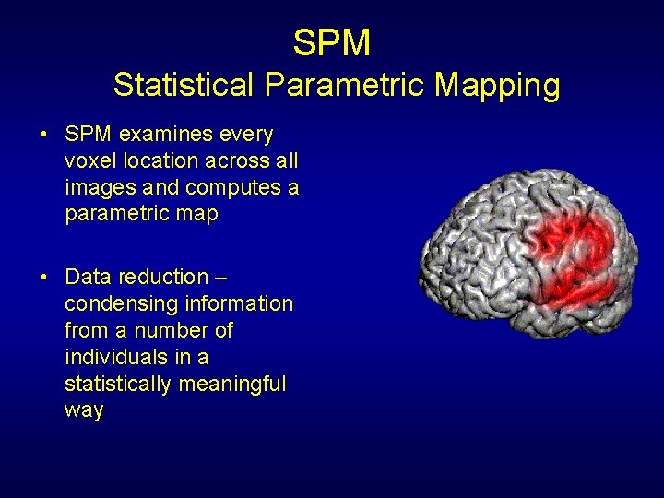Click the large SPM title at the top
[332, 42]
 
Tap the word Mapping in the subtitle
[497, 86]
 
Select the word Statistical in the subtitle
[184, 86]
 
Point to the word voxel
[89, 161]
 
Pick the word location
[163, 161]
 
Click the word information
[240, 303]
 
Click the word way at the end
[84, 411]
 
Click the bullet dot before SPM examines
[44, 136]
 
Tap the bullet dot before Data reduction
[44, 278]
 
